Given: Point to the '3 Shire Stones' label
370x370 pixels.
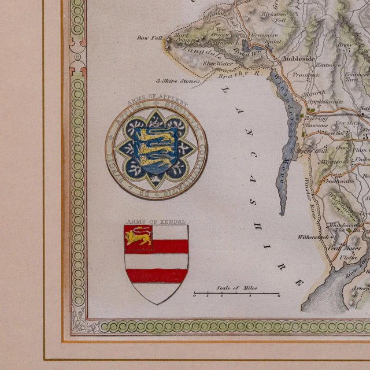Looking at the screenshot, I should (180, 82).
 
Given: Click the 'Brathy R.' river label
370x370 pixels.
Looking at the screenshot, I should (235, 73).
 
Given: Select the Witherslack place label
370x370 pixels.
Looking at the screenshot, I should (313, 236).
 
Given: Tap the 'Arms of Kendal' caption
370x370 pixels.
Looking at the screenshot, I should (147, 221).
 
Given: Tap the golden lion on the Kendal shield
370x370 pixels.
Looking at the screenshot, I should (139, 236).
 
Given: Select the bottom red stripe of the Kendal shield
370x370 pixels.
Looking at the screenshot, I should (156, 275).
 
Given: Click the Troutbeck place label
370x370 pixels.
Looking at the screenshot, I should (306, 75).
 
